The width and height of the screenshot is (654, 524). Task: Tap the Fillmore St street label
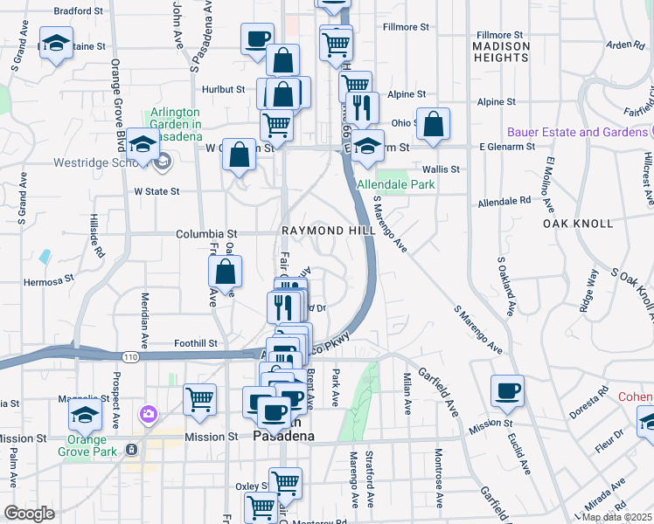click(x=406, y=27)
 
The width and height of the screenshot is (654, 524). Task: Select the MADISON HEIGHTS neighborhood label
click(x=501, y=51)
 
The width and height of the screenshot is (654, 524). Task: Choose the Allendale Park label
click(x=396, y=184)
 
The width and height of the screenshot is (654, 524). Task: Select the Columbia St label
click(x=206, y=234)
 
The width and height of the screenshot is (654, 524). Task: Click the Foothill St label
click(x=194, y=343)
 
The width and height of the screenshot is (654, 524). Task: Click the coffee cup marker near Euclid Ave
click(x=507, y=390)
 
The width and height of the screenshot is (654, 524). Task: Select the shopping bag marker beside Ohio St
click(x=433, y=124)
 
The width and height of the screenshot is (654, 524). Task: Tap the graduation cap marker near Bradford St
click(x=56, y=44)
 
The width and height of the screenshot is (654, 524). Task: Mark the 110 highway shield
click(x=130, y=357)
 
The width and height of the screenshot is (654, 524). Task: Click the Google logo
click(x=29, y=514)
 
